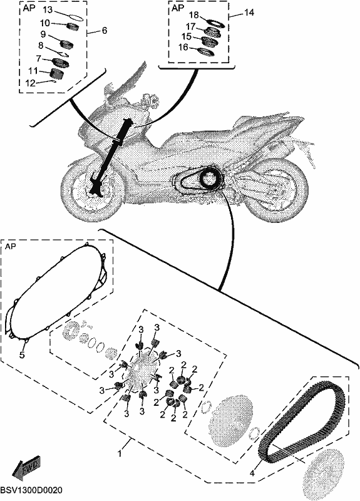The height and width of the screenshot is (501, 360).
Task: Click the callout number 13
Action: pyautogui.click(x=48, y=10)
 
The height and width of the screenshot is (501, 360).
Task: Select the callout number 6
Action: pyautogui.click(x=105, y=31)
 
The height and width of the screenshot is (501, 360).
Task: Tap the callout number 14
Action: pyautogui.click(x=249, y=13)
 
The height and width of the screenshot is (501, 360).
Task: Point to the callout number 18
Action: pyautogui.click(x=194, y=15)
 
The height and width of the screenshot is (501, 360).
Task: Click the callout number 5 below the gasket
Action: pyautogui.click(x=22, y=355)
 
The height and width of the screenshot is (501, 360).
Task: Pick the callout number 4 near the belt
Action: pyautogui.click(x=252, y=473)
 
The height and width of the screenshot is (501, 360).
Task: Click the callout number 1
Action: pyautogui.click(x=120, y=453)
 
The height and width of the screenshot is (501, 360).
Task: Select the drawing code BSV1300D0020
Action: pyautogui.click(x=31, y=490)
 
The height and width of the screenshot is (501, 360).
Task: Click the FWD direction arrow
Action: pyautogui.click(x=26, y=467)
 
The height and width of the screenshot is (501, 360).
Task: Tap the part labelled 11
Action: pyautogui.click(x=56, y=73)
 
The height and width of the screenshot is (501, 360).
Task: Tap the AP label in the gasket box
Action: pyautogui.click(x=11, y=247)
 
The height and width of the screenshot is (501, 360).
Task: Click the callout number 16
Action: pyautogui.click(x=183, y=48)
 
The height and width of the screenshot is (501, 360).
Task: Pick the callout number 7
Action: pyautogui.click(x=39, y=58)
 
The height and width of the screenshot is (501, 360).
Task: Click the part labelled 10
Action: pyautogui.click(x=74, y=27)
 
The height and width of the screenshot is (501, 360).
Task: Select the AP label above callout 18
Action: pyautogui.click(x=178, y=8)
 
